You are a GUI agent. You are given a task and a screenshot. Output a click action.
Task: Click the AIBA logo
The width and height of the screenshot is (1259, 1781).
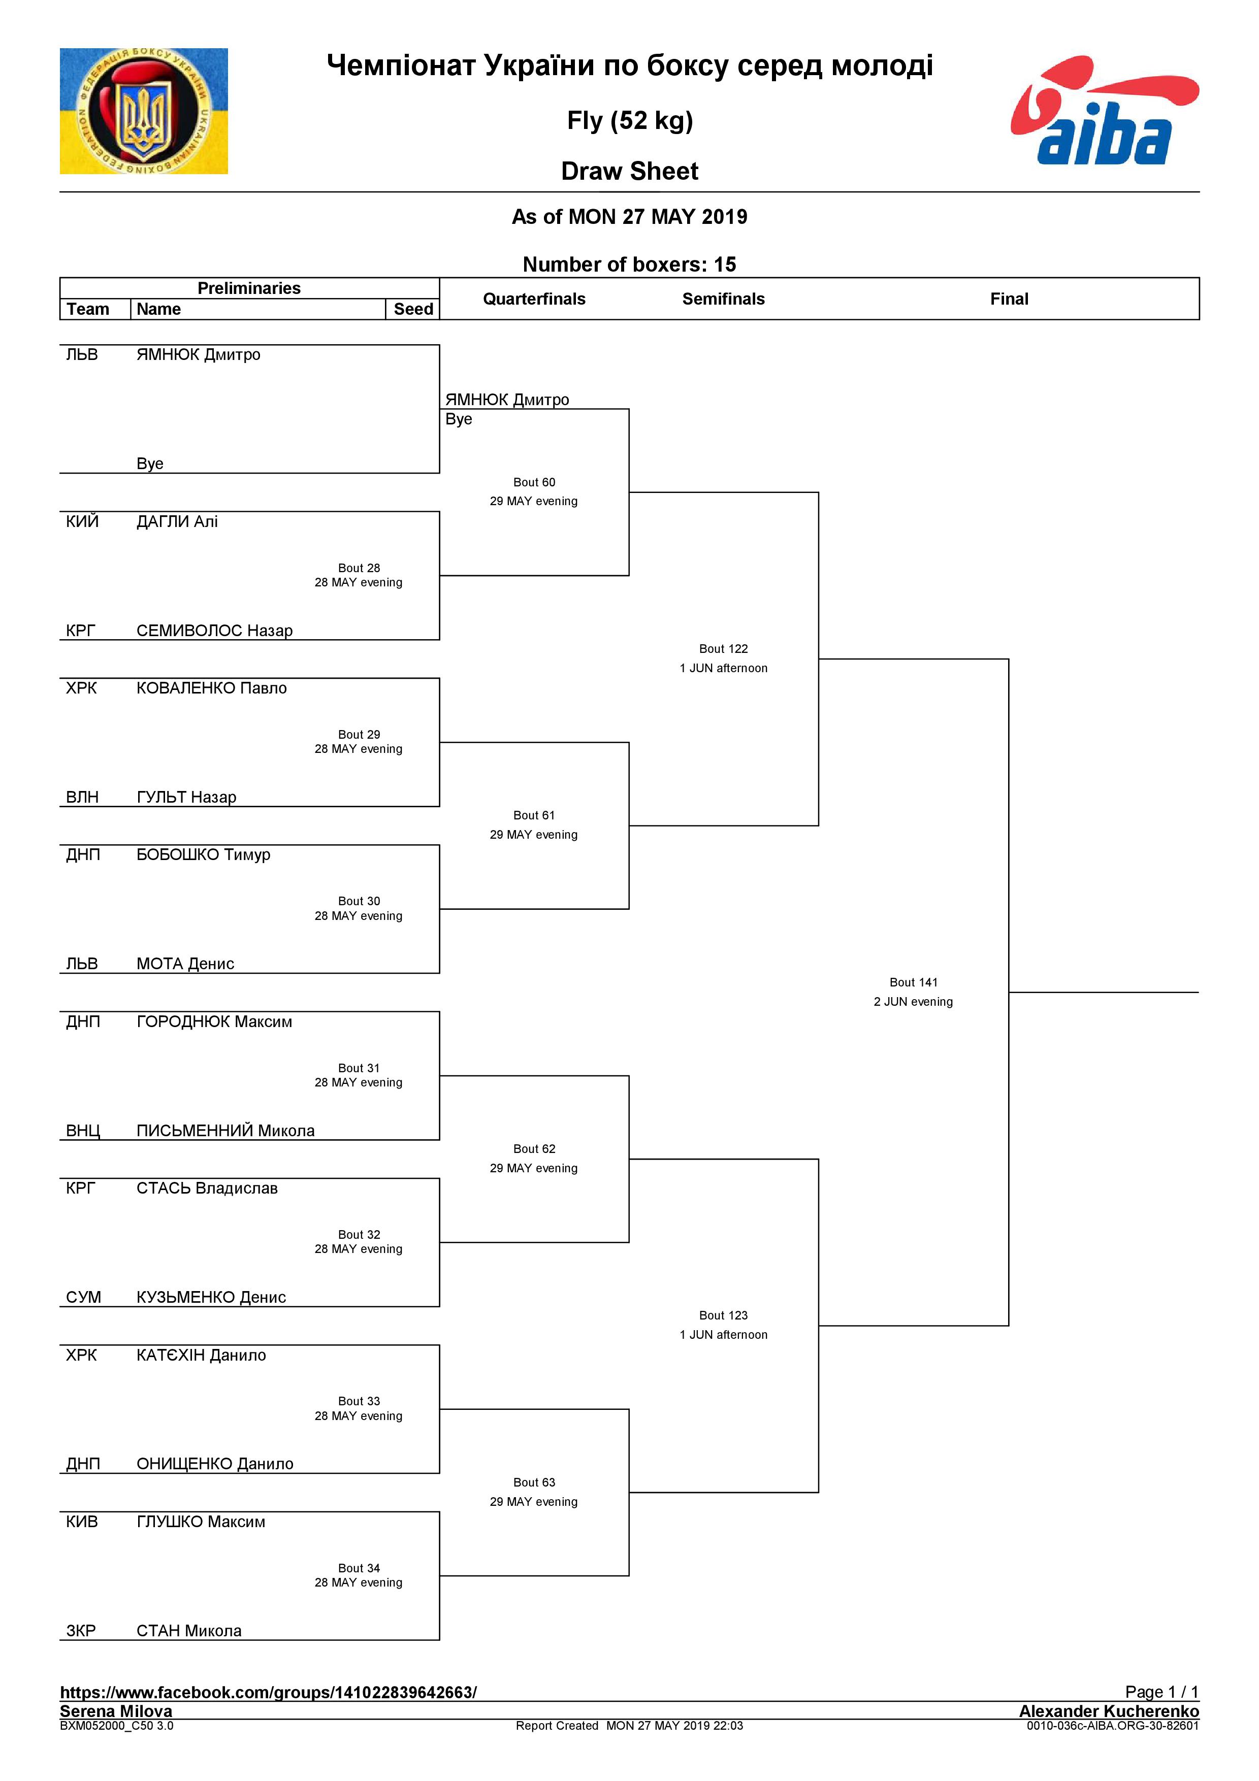[1104, 111]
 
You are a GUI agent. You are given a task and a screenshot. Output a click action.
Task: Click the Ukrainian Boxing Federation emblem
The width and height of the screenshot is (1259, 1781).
[144, 111]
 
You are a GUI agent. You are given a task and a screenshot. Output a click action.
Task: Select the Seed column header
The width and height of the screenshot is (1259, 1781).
[413, 309]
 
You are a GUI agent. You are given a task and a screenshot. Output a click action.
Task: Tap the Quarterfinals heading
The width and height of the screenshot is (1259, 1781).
[534, 299]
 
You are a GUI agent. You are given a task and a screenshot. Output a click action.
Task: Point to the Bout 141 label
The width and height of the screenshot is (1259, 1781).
[913, 982]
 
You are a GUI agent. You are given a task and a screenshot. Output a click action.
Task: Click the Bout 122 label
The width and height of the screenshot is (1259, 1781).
[723, 648]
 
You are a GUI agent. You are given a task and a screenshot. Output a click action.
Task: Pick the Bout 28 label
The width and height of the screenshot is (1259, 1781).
[359, 568]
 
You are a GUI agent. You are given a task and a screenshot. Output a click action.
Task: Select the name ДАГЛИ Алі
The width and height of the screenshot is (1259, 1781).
[177, 521]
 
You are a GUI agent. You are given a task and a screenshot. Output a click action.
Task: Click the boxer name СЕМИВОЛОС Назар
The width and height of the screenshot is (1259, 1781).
[214, 630]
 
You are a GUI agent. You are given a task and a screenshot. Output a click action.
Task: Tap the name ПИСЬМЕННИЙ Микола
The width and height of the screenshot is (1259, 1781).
[225, 1130]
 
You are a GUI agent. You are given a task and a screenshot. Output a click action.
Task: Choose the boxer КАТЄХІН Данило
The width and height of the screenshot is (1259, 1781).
[201, 1355]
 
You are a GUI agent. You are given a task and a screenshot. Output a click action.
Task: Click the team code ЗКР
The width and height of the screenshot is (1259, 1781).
[81, 1631]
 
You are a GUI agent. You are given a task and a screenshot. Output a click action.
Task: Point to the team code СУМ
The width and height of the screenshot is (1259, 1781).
[83, 1297]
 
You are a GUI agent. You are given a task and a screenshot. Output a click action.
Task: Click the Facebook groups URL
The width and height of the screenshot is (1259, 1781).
[268, 1692]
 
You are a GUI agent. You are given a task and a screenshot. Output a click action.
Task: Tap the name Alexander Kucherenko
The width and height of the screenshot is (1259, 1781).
[1109, 1710]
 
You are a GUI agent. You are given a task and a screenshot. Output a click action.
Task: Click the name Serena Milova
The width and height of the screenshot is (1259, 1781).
[116, 1710]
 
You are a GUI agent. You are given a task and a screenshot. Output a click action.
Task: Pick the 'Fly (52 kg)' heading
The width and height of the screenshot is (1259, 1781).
[629, 120]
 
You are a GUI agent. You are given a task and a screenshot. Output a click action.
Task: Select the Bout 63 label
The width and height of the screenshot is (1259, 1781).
[534, 1482]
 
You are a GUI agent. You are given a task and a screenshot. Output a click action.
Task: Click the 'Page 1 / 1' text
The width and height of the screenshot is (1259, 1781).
[1161, 1691]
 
